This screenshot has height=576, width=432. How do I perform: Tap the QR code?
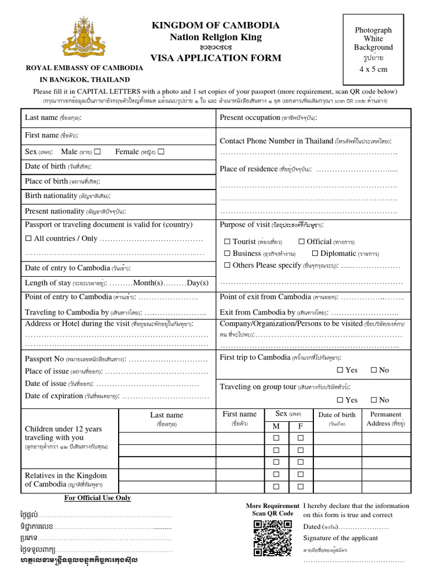(x=272, y=538)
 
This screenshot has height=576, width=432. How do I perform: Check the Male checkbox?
(x=98, y=152)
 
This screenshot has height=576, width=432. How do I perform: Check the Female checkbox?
(x=161, y=152)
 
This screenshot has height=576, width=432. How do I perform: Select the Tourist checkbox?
(x=227, y=241)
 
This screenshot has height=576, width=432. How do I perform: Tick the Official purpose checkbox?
(x=301, y=241)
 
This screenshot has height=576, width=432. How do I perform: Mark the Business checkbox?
(x=227, y=254)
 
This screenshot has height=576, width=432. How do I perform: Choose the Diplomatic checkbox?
(x=315, y=254)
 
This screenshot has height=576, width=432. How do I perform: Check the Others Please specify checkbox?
(x=227, y=265)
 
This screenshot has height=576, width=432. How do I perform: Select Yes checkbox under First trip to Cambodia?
(x=340, y=370)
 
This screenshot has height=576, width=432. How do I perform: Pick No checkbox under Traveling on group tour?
(x=373, y=400)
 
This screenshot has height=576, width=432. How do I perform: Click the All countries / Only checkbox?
(x=28, y=238)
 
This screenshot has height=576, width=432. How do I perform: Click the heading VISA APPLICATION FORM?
(x=215, y=58)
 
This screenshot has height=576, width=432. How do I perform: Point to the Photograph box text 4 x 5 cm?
(x=373, y=69)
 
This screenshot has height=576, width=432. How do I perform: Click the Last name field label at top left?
(x=41, y=118)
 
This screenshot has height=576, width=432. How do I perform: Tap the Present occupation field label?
(x=250, y=118)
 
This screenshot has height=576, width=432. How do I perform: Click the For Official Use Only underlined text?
(x=97, y=498)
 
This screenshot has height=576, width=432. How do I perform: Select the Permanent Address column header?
(x=385, y=418)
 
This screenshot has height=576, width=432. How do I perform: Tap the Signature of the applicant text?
(x=340, y=538)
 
